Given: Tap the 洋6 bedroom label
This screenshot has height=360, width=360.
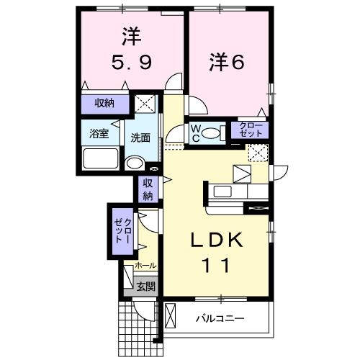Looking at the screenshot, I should [227, 62].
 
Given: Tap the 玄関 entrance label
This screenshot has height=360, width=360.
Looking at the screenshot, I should [145, 287].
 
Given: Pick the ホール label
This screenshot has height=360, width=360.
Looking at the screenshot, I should [145, 266].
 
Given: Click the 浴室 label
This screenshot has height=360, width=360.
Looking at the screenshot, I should [99, 133].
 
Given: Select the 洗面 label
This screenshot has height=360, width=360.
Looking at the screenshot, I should [140, 137].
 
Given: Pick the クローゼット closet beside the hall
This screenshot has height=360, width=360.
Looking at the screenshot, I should [121, 228].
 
